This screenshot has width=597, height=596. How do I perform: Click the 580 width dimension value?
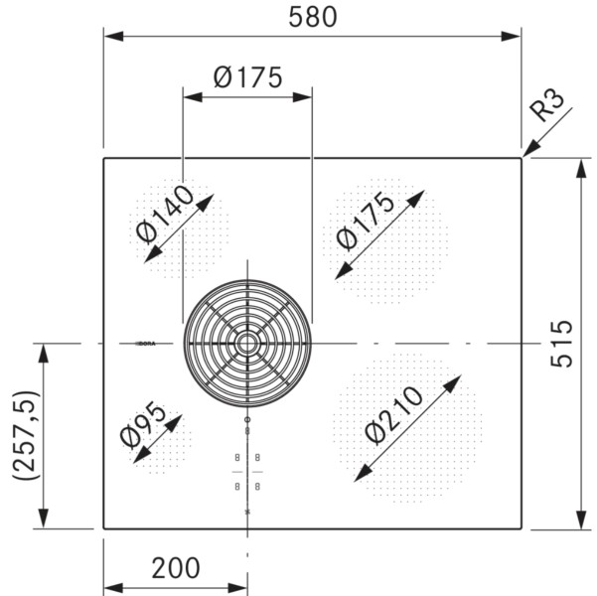tap(312, 17)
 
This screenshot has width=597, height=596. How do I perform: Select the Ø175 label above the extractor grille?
tap(247, 76)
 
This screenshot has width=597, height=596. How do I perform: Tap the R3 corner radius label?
tap(549, 105)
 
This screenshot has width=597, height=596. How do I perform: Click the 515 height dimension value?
tap(562, 344)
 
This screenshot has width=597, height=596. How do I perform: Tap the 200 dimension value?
tap(176, 568)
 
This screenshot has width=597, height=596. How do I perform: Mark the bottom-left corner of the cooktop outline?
tap(104, 528)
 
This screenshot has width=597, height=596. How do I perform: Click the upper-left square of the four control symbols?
tap(236, 457)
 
